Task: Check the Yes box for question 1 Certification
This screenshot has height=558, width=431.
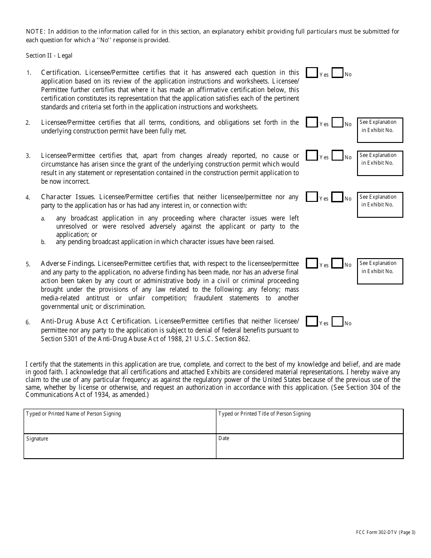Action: (x=312, y=73)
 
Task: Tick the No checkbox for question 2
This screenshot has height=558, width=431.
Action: (x=337, y=122)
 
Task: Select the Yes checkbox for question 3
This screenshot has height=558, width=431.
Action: (x=312, y=156)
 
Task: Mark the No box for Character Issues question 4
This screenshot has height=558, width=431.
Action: (x=337, y=197)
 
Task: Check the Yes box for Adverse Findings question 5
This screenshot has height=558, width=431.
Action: (x=312, y=264)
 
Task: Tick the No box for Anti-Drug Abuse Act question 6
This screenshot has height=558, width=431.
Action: (x=337, y=322)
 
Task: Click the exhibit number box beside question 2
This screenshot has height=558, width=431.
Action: (x=380, y=130)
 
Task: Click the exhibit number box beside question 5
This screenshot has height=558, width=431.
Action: (x=380, y=271)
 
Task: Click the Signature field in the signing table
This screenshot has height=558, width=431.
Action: (x=120, y=446)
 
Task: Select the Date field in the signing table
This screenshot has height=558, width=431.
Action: (x=309, y=446)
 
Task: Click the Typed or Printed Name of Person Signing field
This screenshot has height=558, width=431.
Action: (x=120, y=421)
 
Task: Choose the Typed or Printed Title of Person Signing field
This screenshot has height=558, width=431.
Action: (x=309, y=421)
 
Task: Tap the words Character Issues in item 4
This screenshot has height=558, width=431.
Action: (x=68, y=197)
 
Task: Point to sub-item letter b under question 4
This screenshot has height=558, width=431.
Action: (x=44, y=242)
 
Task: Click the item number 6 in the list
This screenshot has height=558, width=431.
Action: (x=28, y=323)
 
